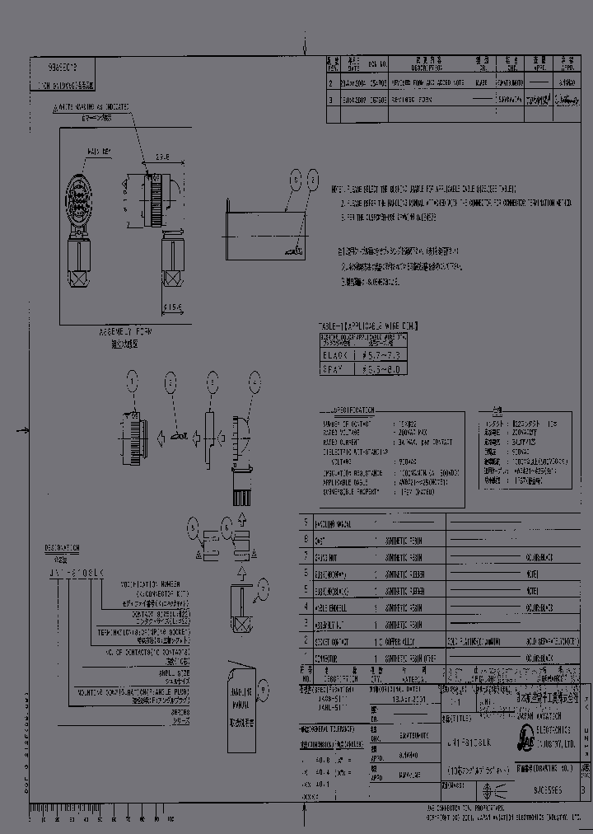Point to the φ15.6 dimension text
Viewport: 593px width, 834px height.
coord(172,308)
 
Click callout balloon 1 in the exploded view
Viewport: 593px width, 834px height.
coord(131,380)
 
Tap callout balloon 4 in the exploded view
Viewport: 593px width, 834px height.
coord(250,380)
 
